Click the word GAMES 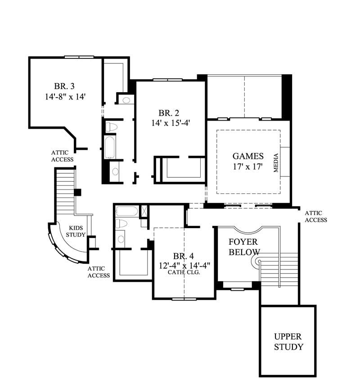click(x=248, y=156)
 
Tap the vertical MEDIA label click(x=276, y=163)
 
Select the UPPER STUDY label click(x=288, y=342)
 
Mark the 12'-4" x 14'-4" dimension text click(x=184, y=265)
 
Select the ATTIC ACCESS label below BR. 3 click(x=62, y=156)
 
